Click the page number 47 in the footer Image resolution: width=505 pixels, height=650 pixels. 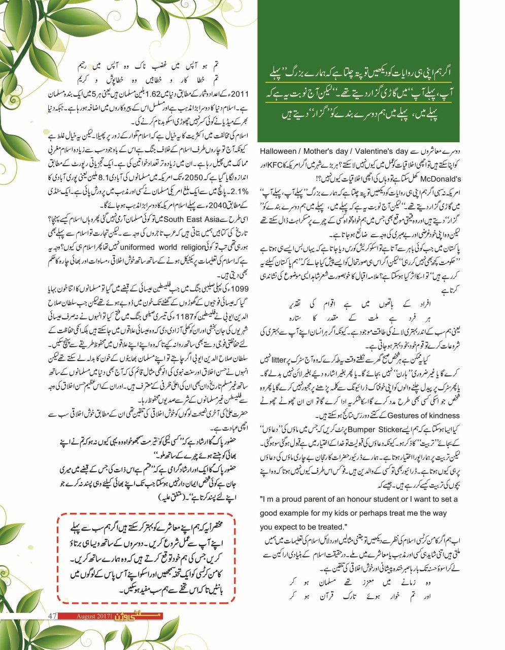(51, 616)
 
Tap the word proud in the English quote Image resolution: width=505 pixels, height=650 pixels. (298, 500)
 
